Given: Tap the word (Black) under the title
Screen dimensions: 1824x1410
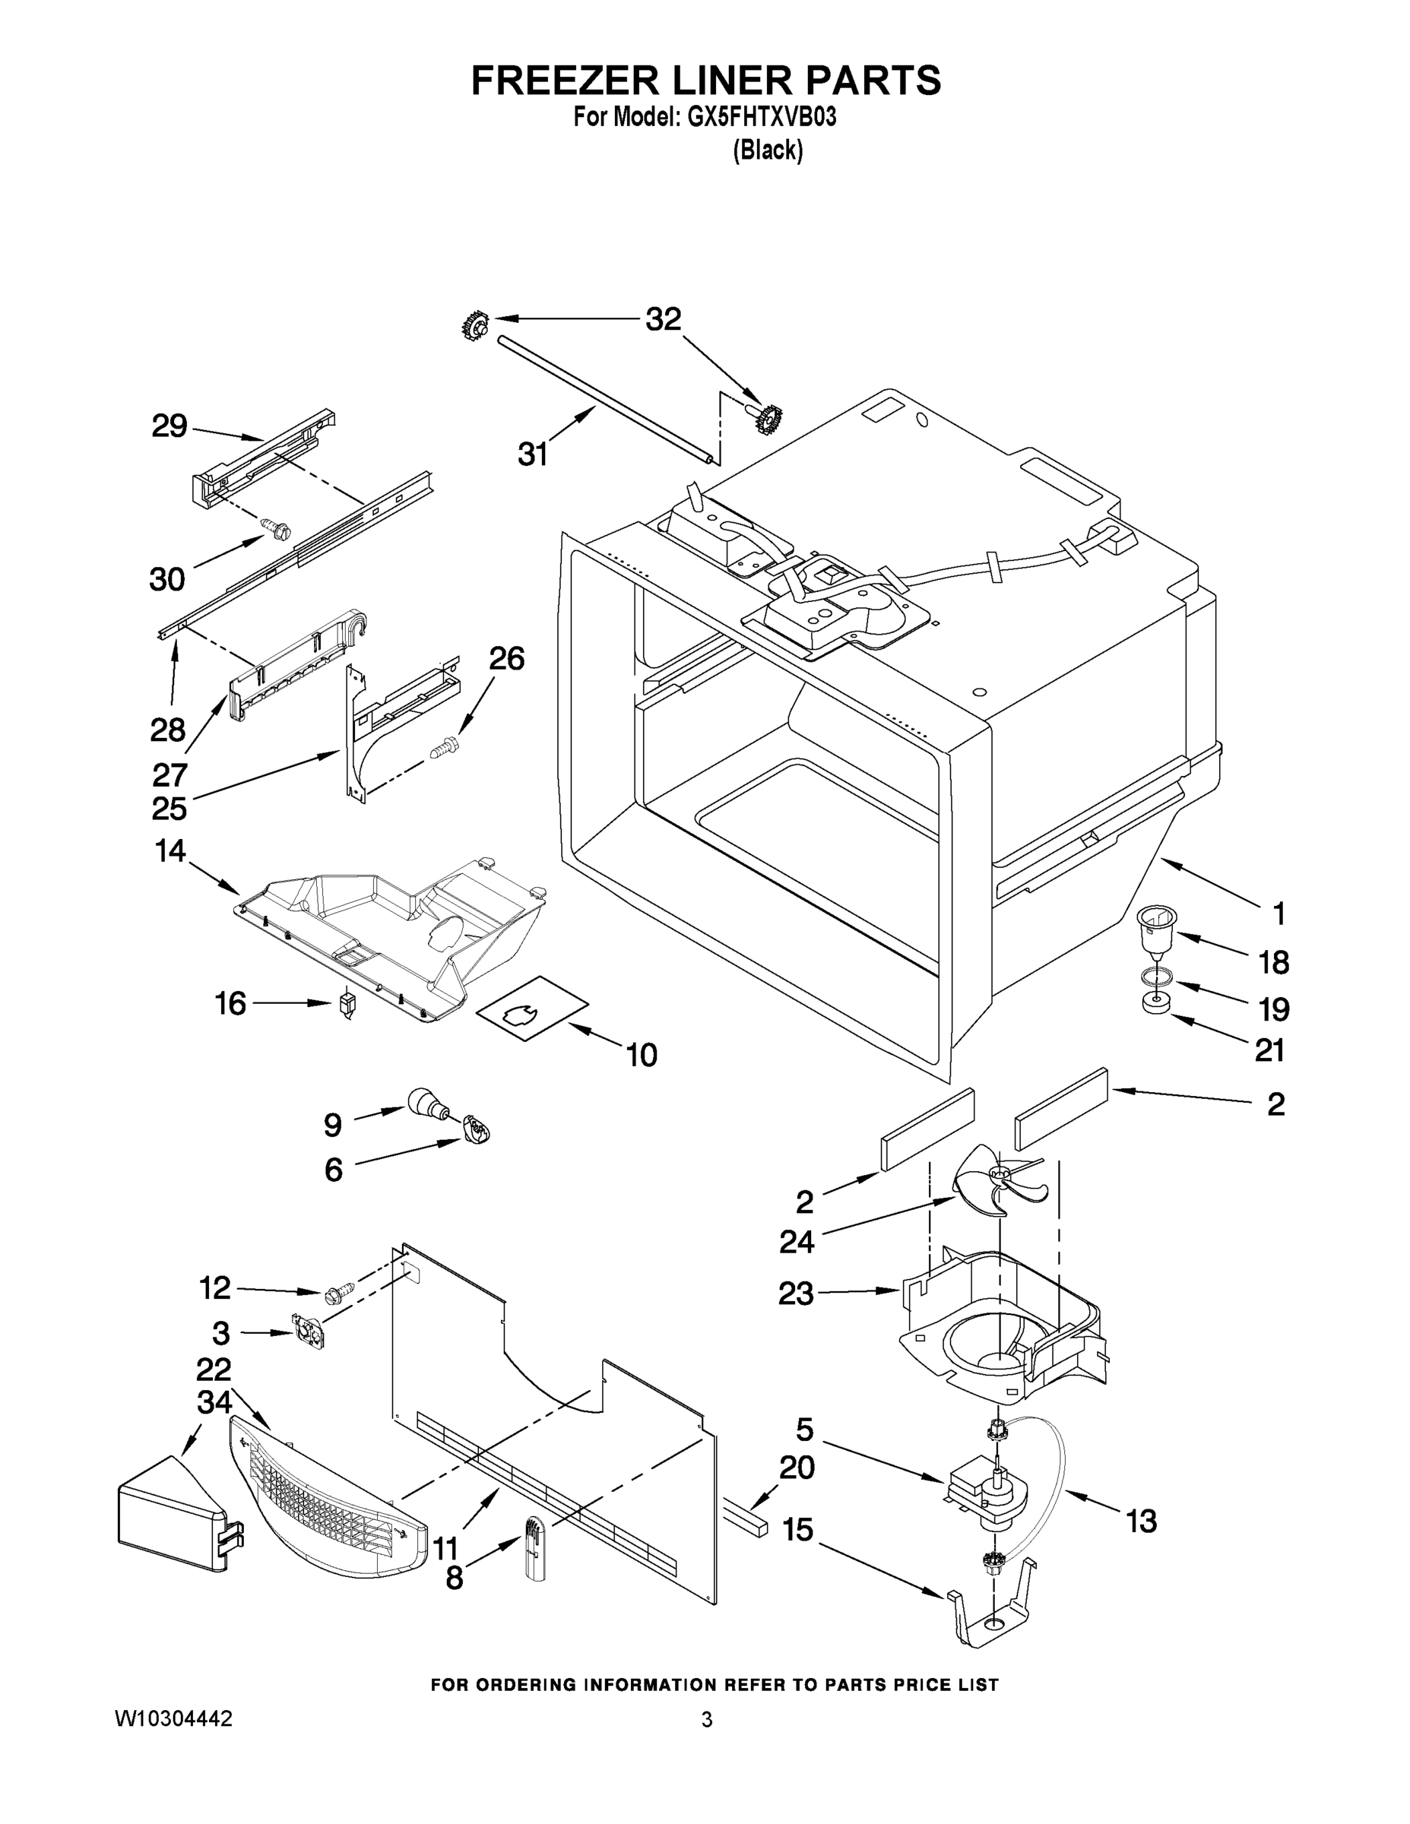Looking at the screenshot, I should tap(768, 150).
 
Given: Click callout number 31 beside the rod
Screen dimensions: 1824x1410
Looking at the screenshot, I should tap(533, 454).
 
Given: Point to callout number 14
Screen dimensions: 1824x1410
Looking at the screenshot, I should tap(170, 851).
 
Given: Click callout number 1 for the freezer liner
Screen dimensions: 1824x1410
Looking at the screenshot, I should tap(1277, 914).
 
